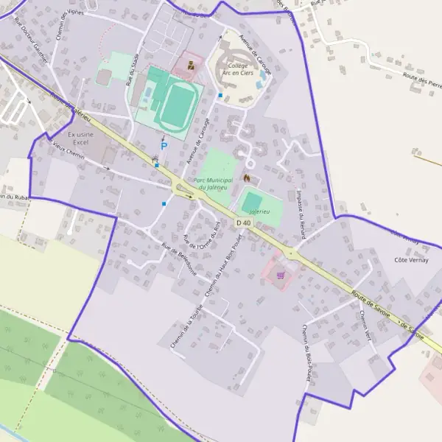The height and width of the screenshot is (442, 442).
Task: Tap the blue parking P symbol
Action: pyautogui.click(x=164, y=146)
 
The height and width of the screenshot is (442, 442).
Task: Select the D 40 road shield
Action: pyautogui.click(x=244, y=222)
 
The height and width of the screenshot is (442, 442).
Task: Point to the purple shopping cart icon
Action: pyautogui.click(x=280, y=276)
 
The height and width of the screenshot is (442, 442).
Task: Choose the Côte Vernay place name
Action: pyautogui.click(x=411, y=259)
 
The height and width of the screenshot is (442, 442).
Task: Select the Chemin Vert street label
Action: pyautogui.click(x=366, y=325)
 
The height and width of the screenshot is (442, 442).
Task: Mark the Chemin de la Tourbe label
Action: pyautogui.click(x=186, y=326)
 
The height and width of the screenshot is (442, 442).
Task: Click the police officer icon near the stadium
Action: pyautogui.click(x=191, y=66)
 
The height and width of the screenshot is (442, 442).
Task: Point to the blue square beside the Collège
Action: pyautogui.click(x=220, y=95)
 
